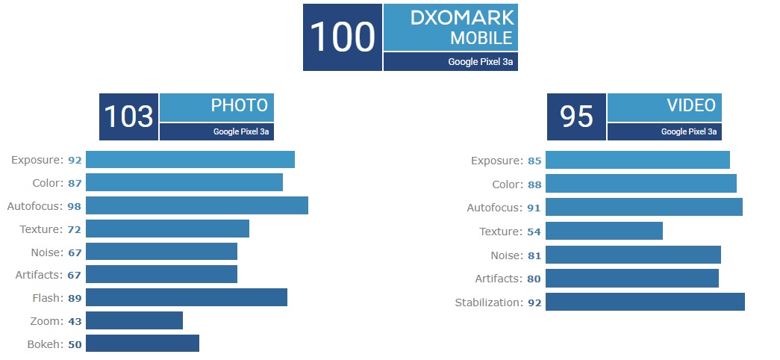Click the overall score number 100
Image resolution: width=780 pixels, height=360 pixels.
tap(342, 37)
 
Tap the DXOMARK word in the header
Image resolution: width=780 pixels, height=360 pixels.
tap(462, 18)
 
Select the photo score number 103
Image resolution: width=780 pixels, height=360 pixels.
tap(128, 117)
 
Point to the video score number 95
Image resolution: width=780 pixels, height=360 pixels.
tap(576, 117)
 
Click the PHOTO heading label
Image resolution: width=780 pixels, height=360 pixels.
tap(240, 105)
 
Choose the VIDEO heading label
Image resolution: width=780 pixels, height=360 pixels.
tap(691, 105)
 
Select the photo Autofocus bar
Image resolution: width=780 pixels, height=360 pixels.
tap(197, 205)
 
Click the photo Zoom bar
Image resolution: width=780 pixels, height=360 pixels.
tap(134, 320)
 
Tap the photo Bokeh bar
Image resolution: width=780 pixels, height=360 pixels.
tap(143, 343)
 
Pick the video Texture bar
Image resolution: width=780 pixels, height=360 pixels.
tap(604, 231)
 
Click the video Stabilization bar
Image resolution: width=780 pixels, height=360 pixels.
tap(645, 302)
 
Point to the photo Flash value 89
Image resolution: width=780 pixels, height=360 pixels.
tap(75, 298)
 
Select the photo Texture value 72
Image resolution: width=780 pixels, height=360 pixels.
tap(75, 229)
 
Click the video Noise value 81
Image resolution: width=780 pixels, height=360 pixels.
tap(534, 255)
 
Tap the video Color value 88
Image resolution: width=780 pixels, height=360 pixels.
tap(534, 184)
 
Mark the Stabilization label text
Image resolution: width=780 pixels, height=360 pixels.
tap(489, 302)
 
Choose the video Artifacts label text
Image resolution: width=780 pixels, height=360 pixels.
tap(499, 279)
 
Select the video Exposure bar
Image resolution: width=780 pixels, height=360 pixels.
tap(637, 160)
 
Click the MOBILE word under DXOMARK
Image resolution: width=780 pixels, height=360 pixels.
tap(481, 38)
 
